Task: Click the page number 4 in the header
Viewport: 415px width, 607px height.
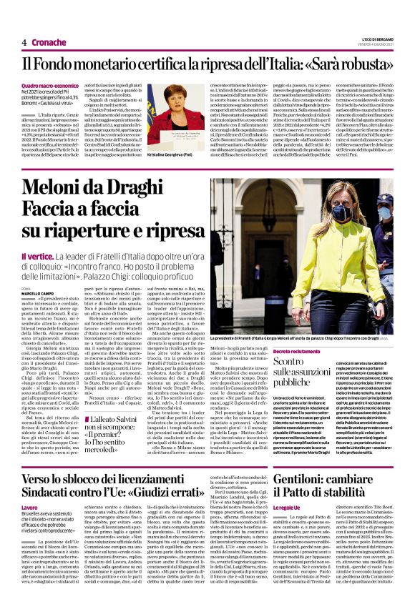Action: pyautogui.click(x=24, y=42)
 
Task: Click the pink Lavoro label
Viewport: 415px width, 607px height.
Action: pyautogui.click(x=31, y=505)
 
